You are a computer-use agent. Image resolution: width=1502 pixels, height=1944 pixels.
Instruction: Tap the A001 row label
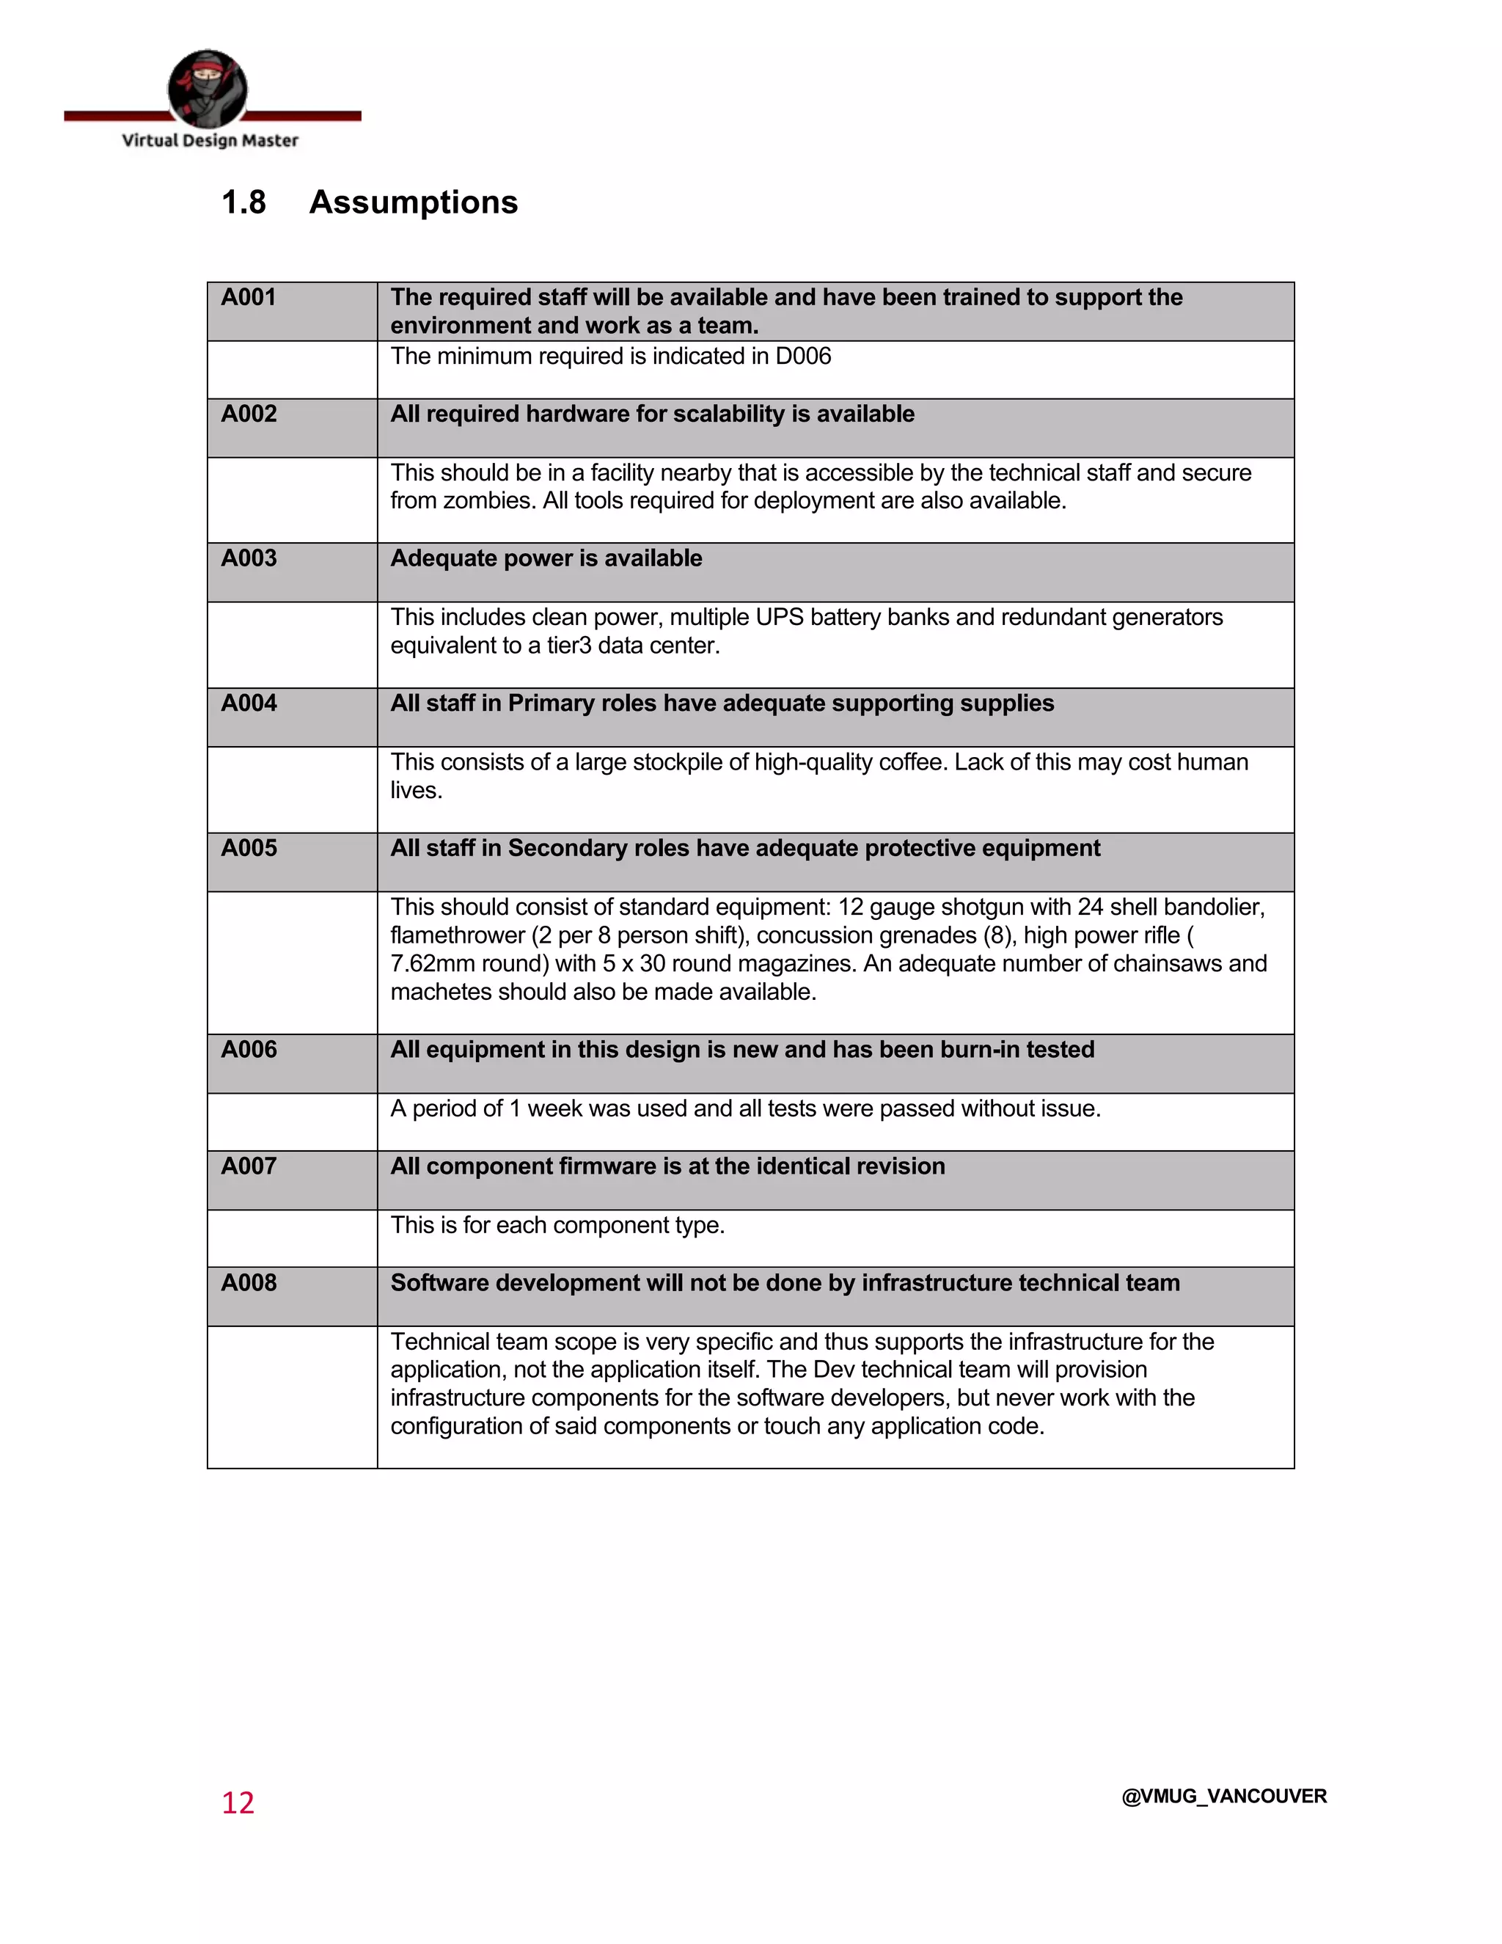point(249,297)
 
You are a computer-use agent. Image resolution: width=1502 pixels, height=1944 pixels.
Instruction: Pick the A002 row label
point(249,414)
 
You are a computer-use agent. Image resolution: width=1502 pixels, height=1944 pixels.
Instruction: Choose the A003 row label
point(249,558)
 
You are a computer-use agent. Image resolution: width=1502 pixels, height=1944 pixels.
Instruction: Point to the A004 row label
point(249,704)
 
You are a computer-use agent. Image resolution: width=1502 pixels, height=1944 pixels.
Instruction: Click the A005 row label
point(249,847)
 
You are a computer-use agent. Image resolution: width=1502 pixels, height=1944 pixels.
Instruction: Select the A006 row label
point(249,1050)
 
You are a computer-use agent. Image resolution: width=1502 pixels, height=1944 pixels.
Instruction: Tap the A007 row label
point(249,1166)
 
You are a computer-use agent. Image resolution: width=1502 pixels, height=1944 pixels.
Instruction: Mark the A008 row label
point(249,1282)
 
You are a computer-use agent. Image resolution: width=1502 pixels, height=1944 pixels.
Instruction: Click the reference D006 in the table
point(802,356)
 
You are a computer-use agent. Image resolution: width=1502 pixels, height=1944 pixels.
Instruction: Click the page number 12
point(238,1802)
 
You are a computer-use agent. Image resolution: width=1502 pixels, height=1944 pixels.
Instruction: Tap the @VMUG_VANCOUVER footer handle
point(1223,1797)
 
